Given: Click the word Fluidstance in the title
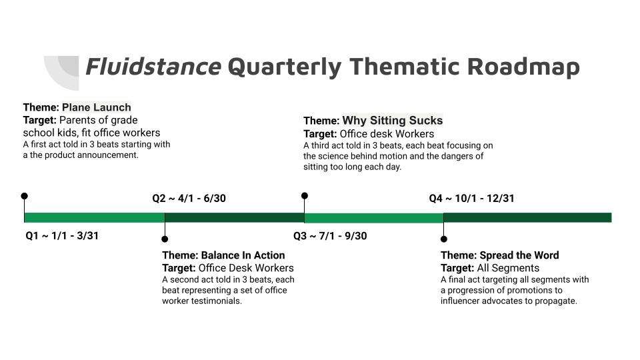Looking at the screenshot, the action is click(x=153, y=67).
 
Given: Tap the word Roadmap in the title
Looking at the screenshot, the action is click(x=523, y=67).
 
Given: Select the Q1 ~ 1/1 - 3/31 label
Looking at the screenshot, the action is click(x=62, y=235).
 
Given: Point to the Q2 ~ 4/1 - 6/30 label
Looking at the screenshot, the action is click(x=189, y=199).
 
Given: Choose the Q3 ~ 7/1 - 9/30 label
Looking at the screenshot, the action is click(x=330, y=235).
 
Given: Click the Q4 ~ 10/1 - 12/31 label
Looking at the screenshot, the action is click(x=471, y=199).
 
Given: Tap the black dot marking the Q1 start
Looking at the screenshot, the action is click(x=25, y=196).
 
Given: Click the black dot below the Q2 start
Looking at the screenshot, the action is click(x=165, y=239).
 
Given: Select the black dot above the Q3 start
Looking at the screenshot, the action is click(x=305, y=196).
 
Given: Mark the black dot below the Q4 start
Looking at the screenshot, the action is click(x=444, y=239).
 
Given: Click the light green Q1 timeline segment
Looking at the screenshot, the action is click(x=94, y=217).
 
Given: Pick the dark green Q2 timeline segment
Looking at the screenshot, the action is click(x=234, y=217).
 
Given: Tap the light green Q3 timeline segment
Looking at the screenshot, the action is click(x=374, y=217).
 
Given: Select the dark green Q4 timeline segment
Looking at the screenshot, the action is click(x=527, y=217).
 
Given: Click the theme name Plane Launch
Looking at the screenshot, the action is click(x=96, y=107).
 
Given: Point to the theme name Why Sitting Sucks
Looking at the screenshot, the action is click(x=393, y=121).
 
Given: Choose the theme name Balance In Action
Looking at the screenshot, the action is click(x=243, y=255).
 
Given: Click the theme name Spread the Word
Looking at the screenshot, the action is click(x=519, y=255).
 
